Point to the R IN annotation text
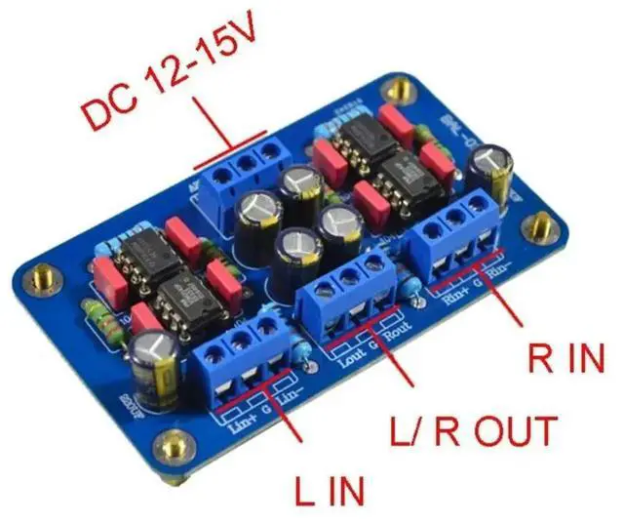click(565, 357)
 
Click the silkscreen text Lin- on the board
click(291, 398)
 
